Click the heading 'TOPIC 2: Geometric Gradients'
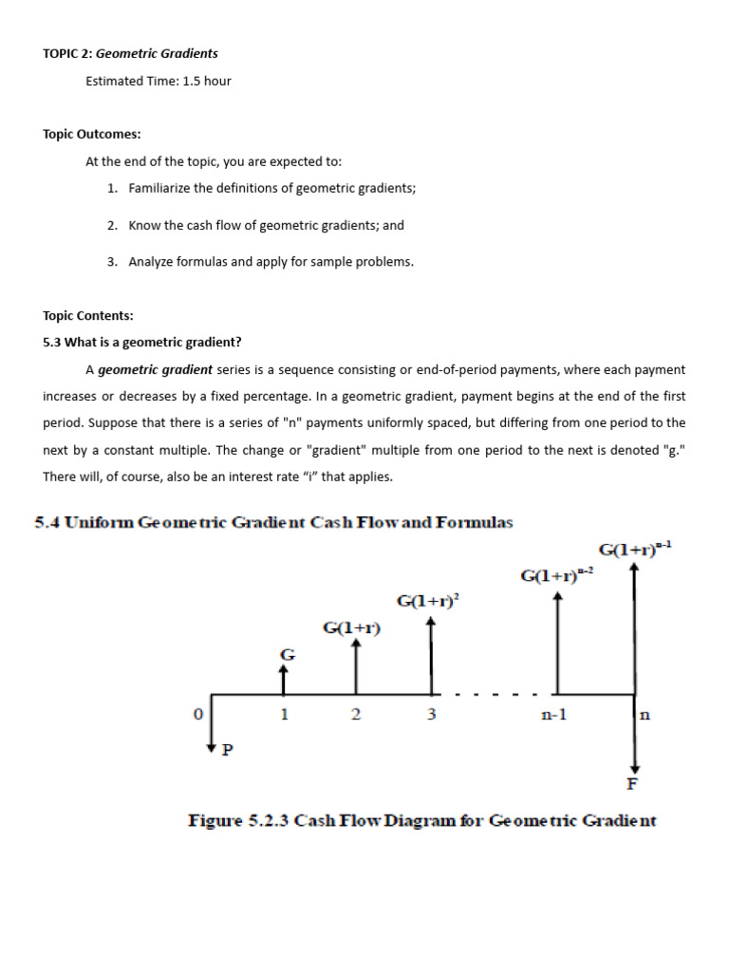130,54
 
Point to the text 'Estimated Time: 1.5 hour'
158,81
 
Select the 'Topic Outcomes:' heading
91,135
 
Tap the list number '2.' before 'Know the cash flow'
112,226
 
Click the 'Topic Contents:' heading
88,316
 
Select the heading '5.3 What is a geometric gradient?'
141,343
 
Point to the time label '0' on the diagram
197,715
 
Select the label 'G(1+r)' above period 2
352,627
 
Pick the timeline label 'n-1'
553,716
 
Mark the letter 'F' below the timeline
634,785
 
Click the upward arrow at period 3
431,655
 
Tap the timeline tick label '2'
355,716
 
